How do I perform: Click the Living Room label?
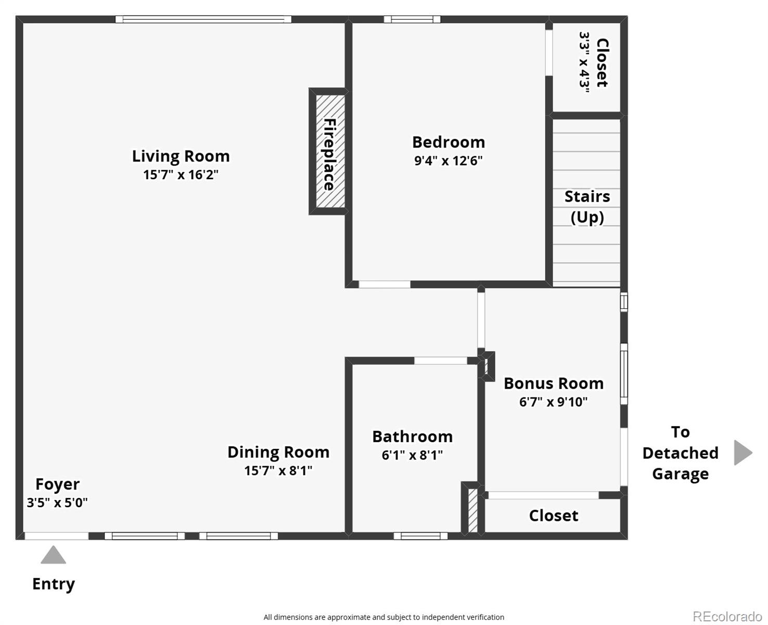181,156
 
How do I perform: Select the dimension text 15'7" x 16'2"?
181,174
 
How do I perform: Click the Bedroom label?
448,142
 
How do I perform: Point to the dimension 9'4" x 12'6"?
448,160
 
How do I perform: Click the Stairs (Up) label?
587,206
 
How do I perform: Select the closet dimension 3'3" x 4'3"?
584,63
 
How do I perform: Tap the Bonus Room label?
553,383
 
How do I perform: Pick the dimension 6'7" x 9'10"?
553,402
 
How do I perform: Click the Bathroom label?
412,436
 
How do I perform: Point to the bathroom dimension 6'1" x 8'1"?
412,455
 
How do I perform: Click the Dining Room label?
278,452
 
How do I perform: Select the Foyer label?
57,484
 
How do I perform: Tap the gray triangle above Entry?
53,556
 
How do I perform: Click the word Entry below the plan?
54,584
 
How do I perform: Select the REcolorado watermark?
727,617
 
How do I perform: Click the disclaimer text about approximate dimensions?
383,617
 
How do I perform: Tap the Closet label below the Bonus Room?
553,516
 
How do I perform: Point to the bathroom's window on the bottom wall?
420,536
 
